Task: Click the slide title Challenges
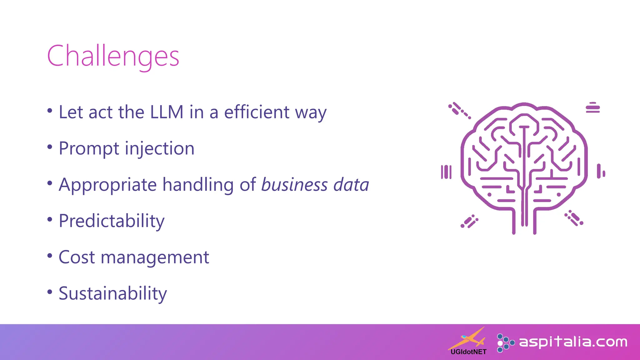[113, 56]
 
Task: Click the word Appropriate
[107, 185]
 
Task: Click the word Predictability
[112, 221]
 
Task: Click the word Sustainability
[113, 294]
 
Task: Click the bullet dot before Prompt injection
[50, 147]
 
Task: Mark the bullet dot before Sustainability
[50, 292]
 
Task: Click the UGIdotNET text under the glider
[468, 352]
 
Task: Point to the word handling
[198, 185]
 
